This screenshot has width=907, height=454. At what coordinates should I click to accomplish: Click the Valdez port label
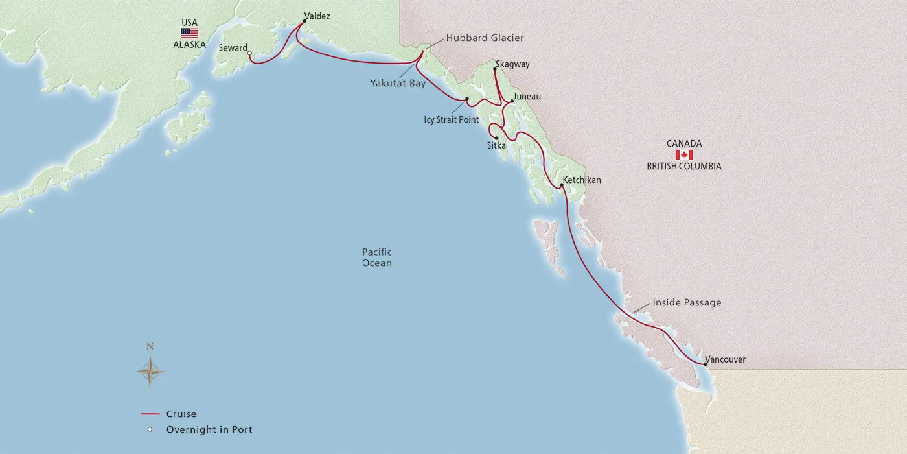click(x=317, y=16)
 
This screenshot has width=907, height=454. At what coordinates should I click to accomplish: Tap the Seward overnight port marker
click(x=250, y=54)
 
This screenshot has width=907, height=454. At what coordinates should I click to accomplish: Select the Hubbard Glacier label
click(x=485, y=38)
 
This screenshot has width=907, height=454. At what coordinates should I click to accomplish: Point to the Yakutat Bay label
click(x=398, y=83)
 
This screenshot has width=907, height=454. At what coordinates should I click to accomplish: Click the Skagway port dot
click(x=495, y=69)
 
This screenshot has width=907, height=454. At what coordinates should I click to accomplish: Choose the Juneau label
click(x=527, y=97)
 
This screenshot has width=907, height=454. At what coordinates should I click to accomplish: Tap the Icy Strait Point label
click(x=452, y=120)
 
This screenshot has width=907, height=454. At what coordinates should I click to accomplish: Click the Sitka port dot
click(x=496, y=138)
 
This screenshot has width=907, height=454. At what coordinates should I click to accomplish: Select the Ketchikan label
click(x=582, y=180)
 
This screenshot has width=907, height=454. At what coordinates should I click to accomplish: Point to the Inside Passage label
click(x=687, y=302)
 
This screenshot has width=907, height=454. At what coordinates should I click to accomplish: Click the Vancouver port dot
click(x=705, y=364)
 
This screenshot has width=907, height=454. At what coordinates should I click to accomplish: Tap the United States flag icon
click(x=189, y=33)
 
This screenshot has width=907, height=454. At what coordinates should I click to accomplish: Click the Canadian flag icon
click(x=684, y=155)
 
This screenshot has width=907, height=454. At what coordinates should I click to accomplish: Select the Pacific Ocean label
click(x=377, y=257)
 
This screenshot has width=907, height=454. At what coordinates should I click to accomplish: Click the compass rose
click(x=150, y=372)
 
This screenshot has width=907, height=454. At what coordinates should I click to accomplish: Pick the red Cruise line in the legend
click(x=150, y=414)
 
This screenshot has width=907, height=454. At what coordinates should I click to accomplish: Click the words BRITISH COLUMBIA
click(x=684, y=167)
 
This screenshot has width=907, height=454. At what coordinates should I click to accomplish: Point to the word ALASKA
click(x=189, y=45)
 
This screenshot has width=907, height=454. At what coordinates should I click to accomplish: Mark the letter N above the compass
click(x=150, y=347)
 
